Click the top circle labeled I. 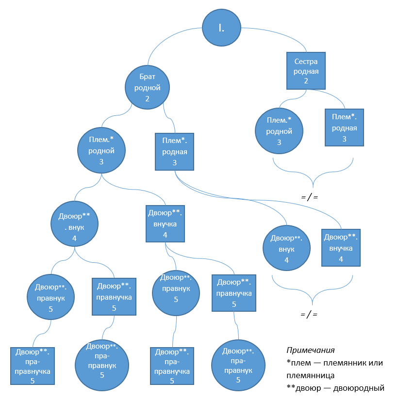(x=221, y=28)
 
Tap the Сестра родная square (x=306, y=71)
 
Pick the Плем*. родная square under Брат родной (x=174, y=151)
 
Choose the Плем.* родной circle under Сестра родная (x=279, y=131)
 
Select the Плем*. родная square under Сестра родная (x=344, y=128)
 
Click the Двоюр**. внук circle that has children (x=74, y=224)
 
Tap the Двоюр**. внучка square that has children (x=165, y=223)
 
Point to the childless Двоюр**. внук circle (x=286, y=248)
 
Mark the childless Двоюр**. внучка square (x=341, y=248)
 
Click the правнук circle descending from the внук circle (x=51, y=296)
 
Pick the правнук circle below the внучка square (x=176, y=293)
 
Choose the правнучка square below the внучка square (x=234, y=293)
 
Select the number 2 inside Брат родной (x=147, y=98)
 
